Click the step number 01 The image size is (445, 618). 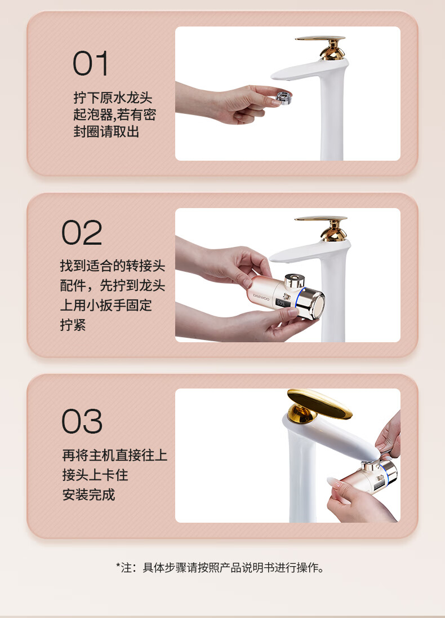(x=91, y=63)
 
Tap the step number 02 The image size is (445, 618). (x=82, y=232)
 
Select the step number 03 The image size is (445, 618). (x=82, y=421)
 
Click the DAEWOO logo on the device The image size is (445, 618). (x=261, y=296)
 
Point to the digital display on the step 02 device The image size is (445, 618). (x=281, y=303)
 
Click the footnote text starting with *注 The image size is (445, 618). (x=221, y=568)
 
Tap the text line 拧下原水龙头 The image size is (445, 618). (x=113, y=98)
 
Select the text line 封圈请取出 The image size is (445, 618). (x=106, y=131)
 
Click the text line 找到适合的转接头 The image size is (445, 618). (x=113, y=266)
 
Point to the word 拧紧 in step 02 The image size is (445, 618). (x=73, y=325)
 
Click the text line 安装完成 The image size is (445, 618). (x=88, y=495)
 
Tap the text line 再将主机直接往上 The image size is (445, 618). (x=114, y=455)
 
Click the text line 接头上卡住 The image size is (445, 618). (x=95, y=475)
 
